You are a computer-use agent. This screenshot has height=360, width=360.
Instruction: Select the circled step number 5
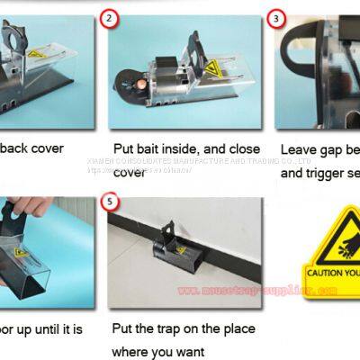112,201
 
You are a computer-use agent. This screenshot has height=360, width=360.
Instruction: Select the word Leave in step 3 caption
299,150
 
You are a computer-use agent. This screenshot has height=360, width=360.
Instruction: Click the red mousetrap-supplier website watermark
256,291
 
